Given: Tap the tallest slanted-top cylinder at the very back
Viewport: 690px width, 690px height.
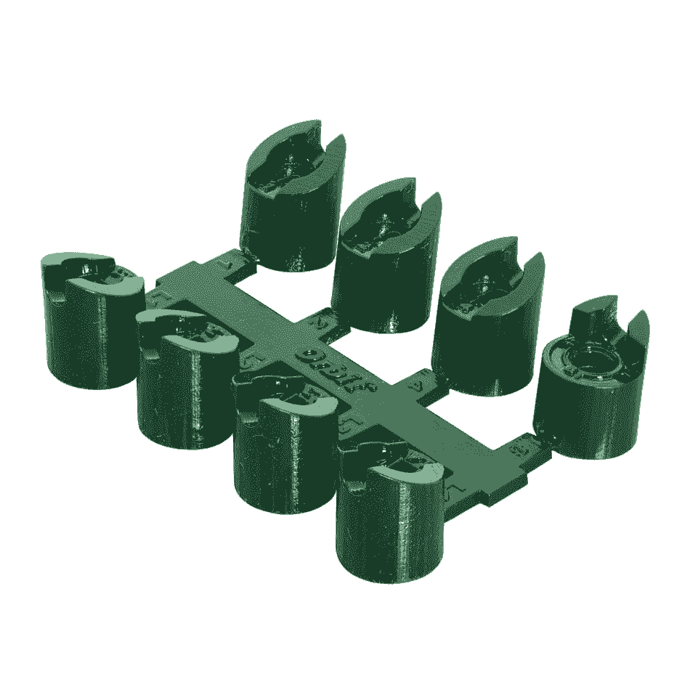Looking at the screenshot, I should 291,218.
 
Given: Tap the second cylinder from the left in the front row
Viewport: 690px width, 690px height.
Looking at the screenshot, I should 185,385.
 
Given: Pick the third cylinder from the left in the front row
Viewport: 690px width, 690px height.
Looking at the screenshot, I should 283,450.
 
